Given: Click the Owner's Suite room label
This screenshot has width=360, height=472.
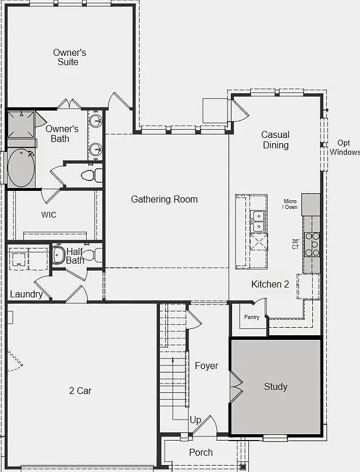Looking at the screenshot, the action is pyautogui.click(x=69, y=57).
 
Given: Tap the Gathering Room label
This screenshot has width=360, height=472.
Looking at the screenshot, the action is pyautogui.click(x=164, y=199).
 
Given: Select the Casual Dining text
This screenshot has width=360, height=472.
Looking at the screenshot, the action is pyautogui.click(x=276, y=140).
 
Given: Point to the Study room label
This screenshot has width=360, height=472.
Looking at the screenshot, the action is pyautogui.click(x=276, y=386).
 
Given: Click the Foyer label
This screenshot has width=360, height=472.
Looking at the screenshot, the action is pyautogui.click(x=206, y=365).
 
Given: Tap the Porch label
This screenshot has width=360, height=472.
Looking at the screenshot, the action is pyautogui.click(x=201, y=452).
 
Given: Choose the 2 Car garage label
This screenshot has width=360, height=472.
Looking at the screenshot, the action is pyautogui.click(x=80, y=391).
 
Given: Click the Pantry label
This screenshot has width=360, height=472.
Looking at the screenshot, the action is pyautogui.click(x=252, y=317).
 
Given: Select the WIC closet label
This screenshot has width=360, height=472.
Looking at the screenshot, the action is pyautogui.click(x=49, y=215).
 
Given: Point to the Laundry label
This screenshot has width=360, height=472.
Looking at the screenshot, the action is pyautogui.click(x=26, y=294).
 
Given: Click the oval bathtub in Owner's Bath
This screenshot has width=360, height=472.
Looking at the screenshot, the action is pyautogui.click(x=21, y=168).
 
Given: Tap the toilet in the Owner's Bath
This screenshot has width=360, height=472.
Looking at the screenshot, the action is pyautogui.click(x=92, y=175).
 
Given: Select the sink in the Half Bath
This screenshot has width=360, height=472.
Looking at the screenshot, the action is pyautogui.click(x=58, y=255).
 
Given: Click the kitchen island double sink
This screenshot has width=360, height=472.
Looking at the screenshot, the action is pyautogui.click(x=258, y=221).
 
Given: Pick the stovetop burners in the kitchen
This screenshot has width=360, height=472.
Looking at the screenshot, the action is pyautogui.click(x=312, y=244).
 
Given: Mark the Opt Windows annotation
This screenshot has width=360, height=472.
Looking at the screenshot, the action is pyautogui.click(x=345, y=147).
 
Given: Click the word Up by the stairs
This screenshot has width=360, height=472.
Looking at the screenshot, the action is pyautogui.click(x=195, y=420).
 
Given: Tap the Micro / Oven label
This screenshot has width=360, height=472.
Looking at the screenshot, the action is pyautogui.click(x=290, y=204).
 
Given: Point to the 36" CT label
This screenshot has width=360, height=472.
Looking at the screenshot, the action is pyautogui.click(x=295, y=244).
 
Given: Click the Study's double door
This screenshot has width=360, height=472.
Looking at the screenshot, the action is pyautogui.click(x=236, y=387).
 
